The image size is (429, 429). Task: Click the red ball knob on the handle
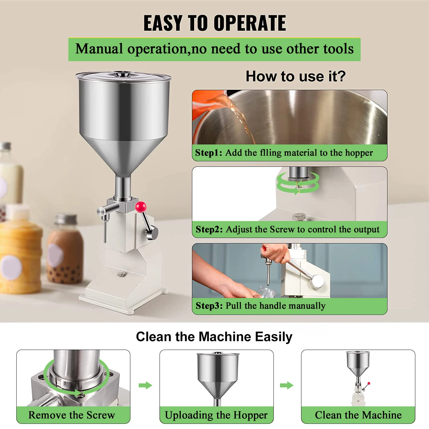click(x=140, y=206)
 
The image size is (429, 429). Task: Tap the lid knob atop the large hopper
click(x=123, y=74)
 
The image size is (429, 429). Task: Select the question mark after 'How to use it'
click(x=341, y=76)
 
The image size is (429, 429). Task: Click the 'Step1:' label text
click(x=208, y=153)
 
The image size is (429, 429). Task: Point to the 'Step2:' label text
click(x=209, y=229)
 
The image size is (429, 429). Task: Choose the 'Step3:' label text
click(x=209, y=306)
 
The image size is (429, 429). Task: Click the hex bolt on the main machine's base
click(x=121, y=274)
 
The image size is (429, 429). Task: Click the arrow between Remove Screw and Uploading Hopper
click(x=145, y=385)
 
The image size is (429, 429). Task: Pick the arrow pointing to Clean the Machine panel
click(x=287, y=385)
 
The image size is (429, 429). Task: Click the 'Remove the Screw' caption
click(x=71, y=415)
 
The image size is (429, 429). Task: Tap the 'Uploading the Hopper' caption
click(x=216, y=415)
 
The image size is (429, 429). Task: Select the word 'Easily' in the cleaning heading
click(x=273, y=337)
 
